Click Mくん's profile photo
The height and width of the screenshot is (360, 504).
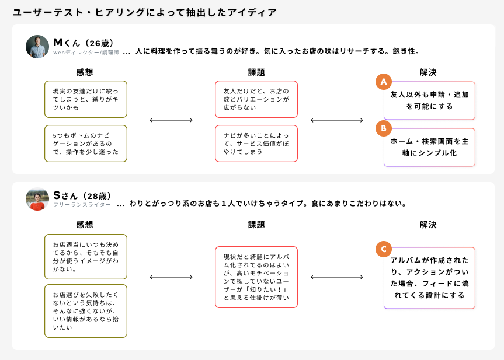(x=37, y=47)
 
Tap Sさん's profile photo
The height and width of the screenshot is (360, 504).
(x=37, y=199)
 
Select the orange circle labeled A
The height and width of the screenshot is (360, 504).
(x=383, y=82)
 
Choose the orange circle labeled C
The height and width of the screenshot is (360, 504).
(x=383, y=249)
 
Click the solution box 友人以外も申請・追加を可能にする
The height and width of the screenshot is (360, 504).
(x=429, y=100)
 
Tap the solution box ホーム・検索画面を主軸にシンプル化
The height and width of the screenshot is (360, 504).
(x=429, y=147)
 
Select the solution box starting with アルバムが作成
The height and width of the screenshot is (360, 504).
(x=429, y=278)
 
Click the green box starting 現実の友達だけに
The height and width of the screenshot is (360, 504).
(x=86, y=99)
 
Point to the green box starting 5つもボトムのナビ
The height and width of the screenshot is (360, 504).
(x=86, y=144)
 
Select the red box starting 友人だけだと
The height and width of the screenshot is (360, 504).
(x=256, y=99)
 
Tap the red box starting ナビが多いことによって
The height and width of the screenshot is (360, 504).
(x=256, y=144)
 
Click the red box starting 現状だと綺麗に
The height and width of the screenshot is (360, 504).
(x=256, y=277)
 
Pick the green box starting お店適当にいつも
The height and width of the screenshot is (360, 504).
(x=86, y=257)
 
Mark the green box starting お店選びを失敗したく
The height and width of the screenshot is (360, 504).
(x=86, y=311)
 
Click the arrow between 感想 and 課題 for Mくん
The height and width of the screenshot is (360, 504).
(x=171, y=120)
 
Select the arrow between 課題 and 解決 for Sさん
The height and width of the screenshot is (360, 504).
(x=337, y=277)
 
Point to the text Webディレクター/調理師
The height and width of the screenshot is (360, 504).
(x=86, y=53)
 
